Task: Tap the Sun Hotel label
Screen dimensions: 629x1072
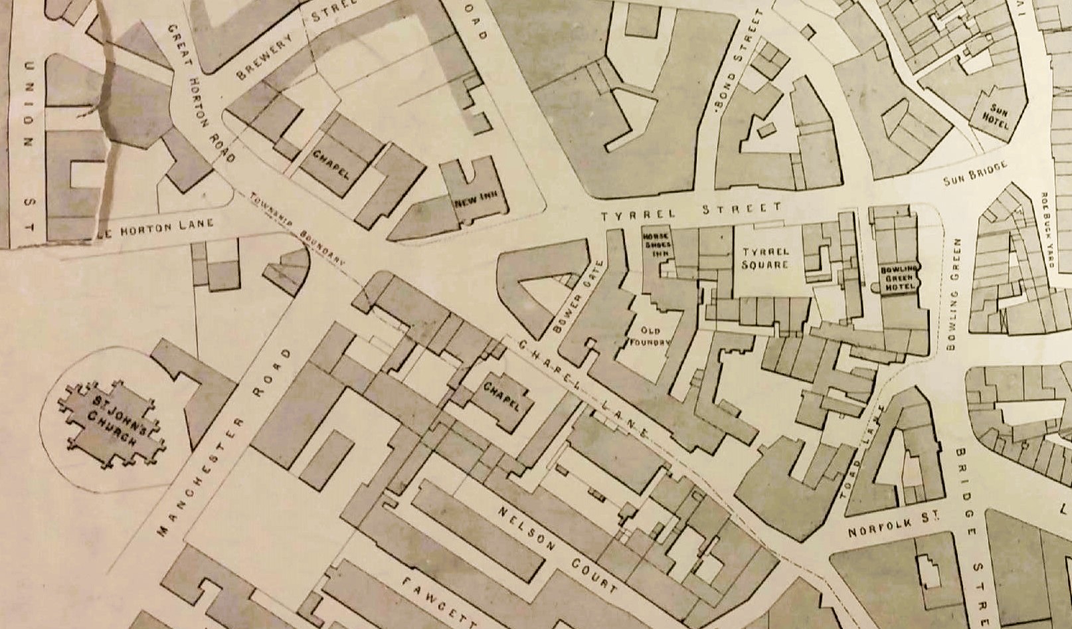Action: (998, 116)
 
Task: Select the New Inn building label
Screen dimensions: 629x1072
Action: (473, 200)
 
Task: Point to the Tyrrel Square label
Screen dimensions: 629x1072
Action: (766, 258)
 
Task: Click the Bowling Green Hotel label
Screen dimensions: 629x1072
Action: (900, 278)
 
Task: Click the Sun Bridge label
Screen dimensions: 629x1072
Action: (976, 173)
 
